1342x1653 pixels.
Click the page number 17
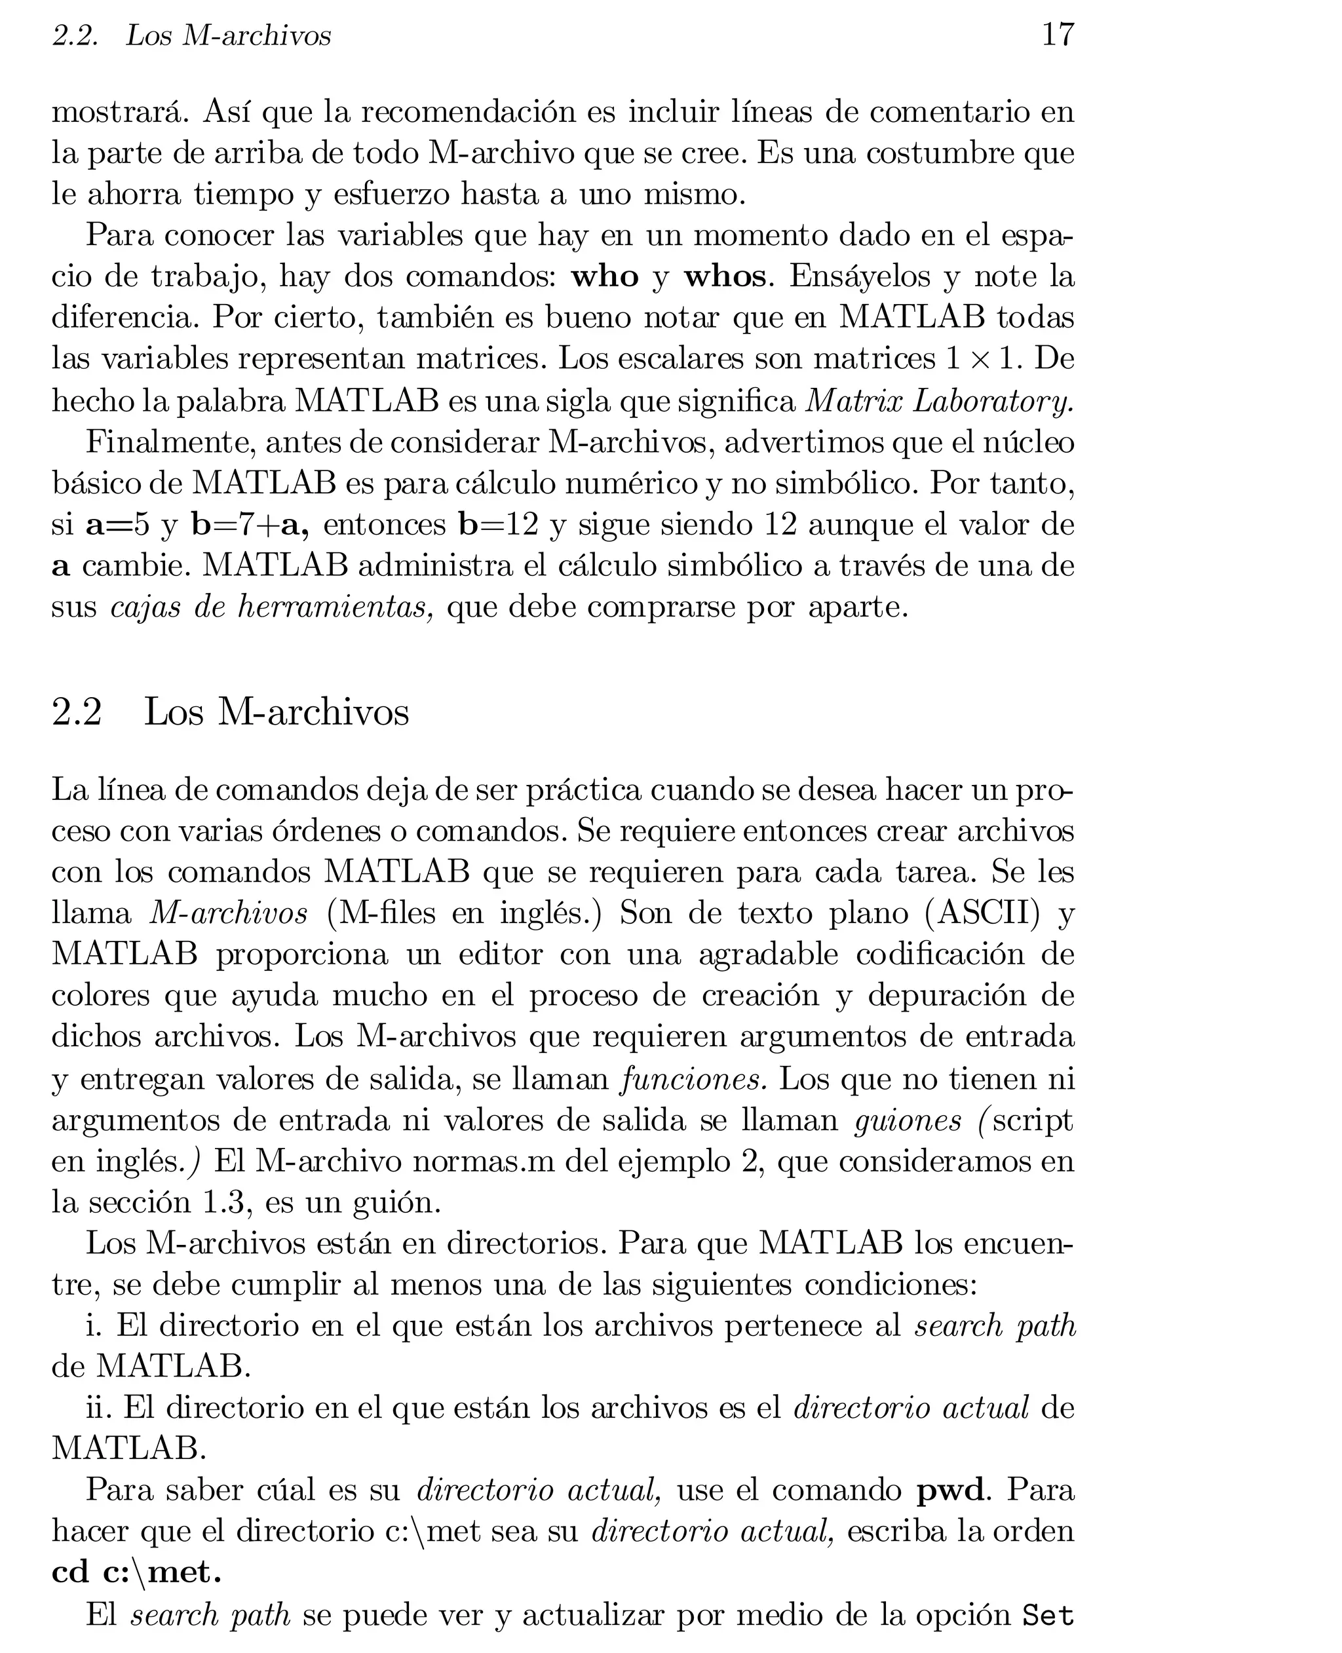coord(1058,35)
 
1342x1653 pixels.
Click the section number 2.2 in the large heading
coord(77,711)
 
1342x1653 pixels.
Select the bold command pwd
coord(950,1489)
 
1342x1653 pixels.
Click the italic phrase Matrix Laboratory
coord(939,400)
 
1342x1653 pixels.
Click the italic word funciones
coord(694,1078)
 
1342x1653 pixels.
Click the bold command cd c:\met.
coord(136,1572)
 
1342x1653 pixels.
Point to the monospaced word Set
coord(1048,1615)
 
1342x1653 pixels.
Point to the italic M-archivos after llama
coord(229,913)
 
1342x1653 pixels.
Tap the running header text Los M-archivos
coord(228,35)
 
